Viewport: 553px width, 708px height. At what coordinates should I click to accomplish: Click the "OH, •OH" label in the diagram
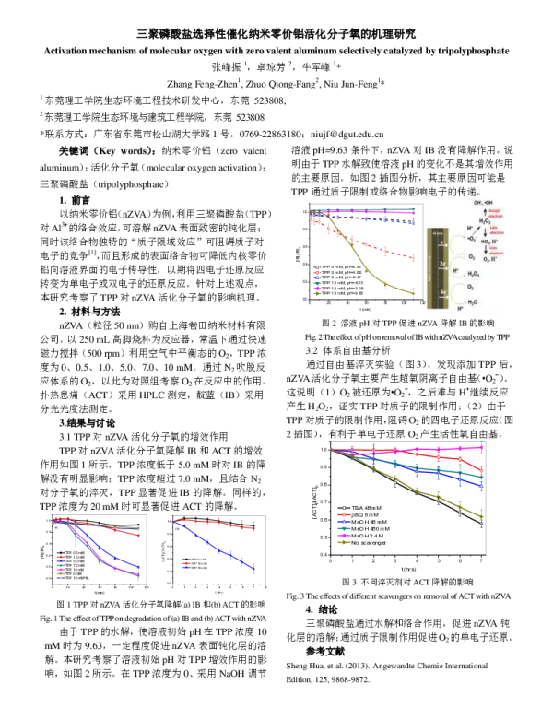point(482,202)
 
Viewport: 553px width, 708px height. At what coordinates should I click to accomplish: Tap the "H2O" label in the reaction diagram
point(474,302)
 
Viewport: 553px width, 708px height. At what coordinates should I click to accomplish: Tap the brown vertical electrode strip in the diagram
point(438,267)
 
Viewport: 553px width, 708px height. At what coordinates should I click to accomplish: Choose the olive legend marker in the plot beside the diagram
point(318,293)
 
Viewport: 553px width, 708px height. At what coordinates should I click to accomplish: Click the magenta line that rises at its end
point(442,449)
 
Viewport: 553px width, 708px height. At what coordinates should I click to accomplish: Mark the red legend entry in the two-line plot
point(185,562)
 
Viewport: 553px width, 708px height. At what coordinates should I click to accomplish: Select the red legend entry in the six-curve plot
point(60,557)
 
